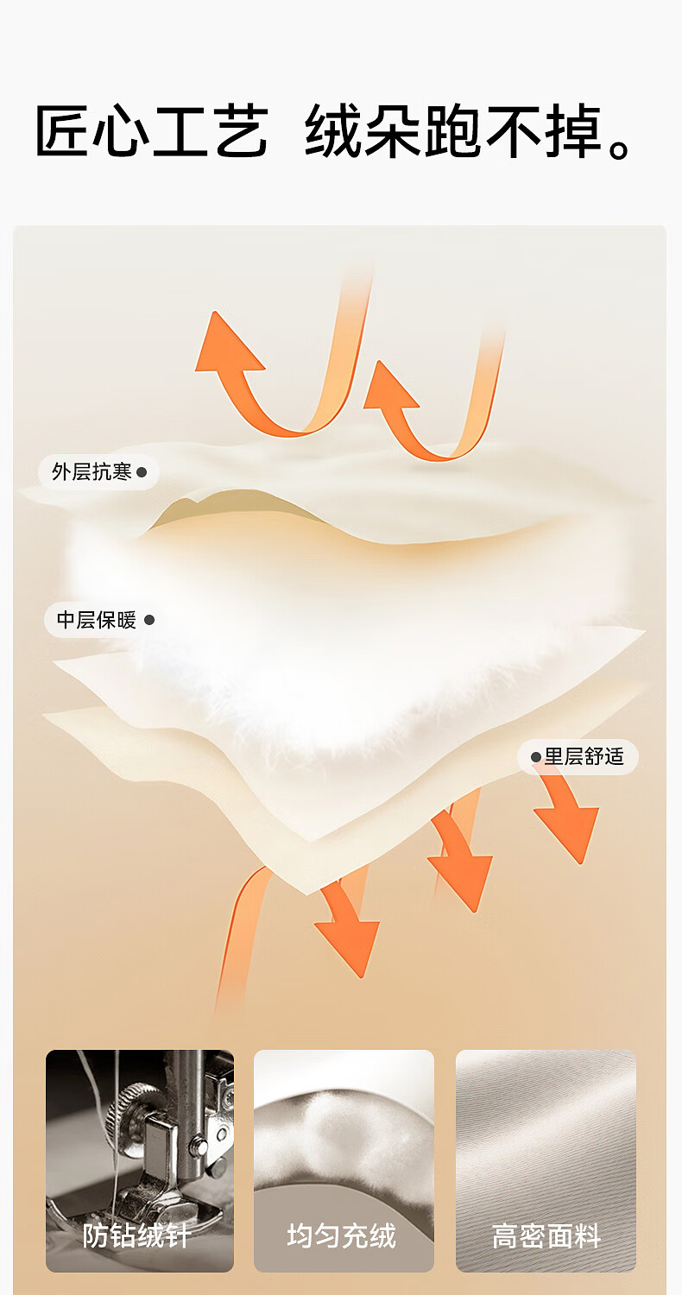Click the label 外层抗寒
[x=92, y=472]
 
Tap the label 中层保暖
[x=97, y=620]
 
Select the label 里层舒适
[x=584, y=757]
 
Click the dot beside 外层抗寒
[x=142, y=472]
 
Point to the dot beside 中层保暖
[x=148, y=620]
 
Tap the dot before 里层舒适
[x=535, y=757]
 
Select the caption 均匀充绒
[x=342, y=1235]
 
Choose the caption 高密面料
[x=546, y=1235]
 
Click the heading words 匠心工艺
[x=151, y=132]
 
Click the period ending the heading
[x=620, y=147]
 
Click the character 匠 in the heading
[x=63, y=132]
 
